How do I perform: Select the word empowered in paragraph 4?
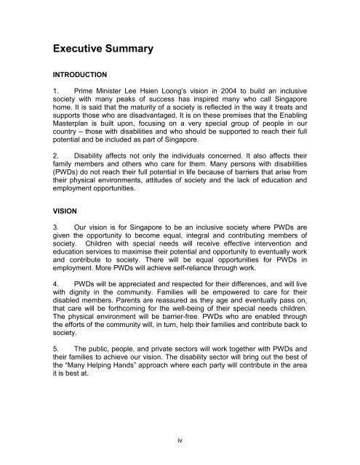221,317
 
